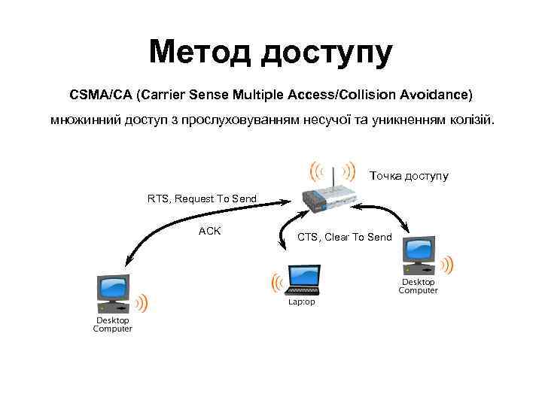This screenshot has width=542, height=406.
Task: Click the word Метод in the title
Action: (199, 53)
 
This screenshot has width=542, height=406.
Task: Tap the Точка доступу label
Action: (409, 176)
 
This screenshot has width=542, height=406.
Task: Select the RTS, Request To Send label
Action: (202, 198)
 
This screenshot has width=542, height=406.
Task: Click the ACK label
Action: (209, 231)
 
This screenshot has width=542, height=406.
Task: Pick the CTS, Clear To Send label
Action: (344, 237)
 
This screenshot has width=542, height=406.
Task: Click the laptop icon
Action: (304, 279)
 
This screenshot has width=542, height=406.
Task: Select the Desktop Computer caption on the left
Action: (113, 324)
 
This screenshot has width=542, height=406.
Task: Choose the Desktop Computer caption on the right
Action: (418, 286)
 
